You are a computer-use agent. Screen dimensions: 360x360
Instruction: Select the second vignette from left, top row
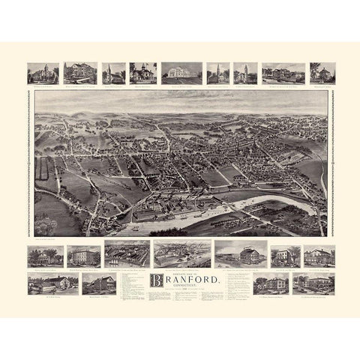[81, 73]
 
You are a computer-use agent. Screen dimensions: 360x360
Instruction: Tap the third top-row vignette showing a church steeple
[114, 73]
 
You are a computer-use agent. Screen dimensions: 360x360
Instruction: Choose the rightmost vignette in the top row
[322, 73]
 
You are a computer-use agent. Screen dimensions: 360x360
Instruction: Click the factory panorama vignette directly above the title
[181, 254]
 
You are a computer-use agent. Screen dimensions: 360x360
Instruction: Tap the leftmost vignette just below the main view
[44, 255]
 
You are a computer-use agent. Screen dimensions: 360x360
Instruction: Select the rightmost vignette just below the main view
[318, 255]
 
